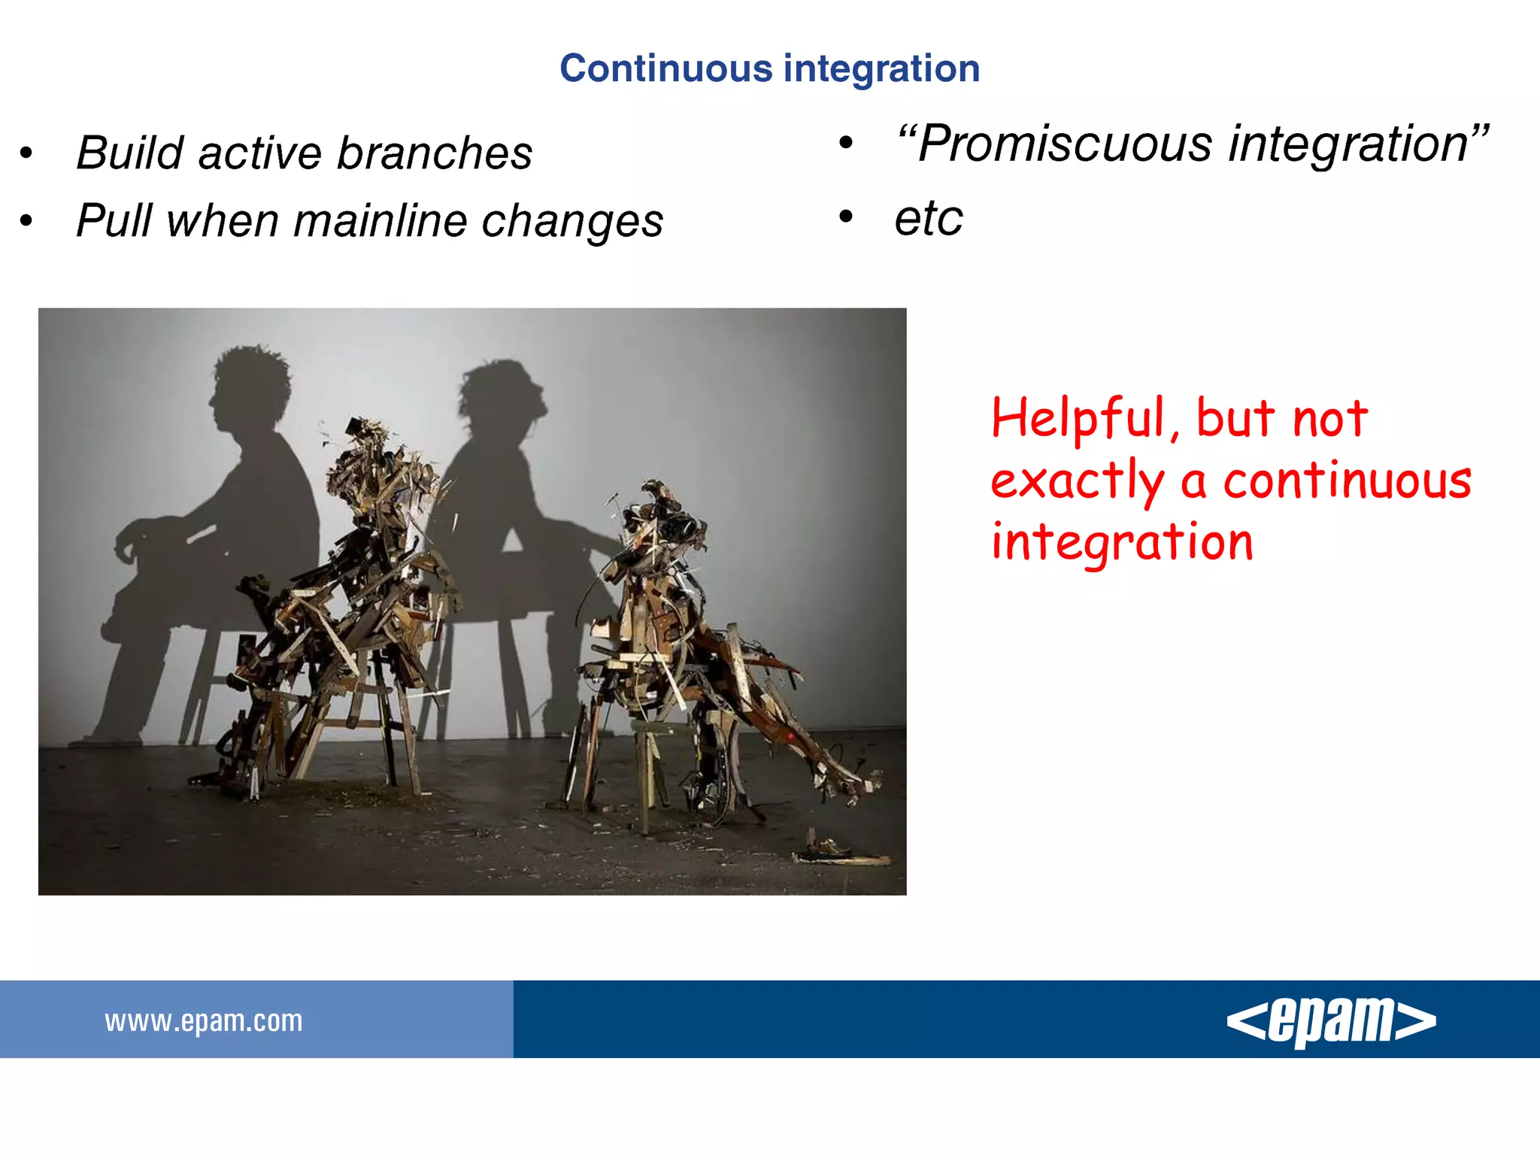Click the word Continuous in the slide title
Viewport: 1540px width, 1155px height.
666,69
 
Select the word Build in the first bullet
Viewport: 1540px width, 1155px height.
130,153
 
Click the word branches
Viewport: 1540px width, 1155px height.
434,153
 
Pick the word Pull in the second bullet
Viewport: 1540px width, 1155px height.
114,221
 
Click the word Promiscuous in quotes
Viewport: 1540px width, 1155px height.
1064,144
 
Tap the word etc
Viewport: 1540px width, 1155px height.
928,218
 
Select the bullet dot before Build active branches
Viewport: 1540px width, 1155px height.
26,153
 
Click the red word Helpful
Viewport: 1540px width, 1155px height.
1077,418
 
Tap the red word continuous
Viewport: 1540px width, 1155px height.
1347,481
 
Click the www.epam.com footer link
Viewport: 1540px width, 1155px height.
203,1020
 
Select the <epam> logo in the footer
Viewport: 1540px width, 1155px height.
1331,1020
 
